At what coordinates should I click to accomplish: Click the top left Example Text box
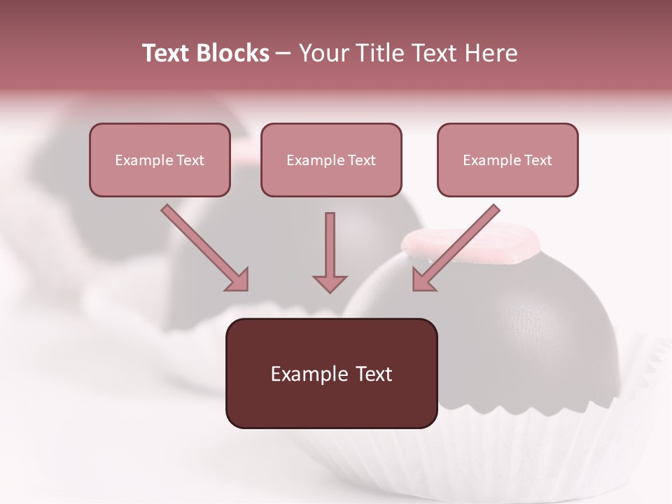(160, 160)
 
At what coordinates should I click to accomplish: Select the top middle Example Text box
(331, 160)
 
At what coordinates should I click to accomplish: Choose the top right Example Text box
(507, 160)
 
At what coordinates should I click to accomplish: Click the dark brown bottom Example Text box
(331, 373)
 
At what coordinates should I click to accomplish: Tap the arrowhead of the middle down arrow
(330, 283)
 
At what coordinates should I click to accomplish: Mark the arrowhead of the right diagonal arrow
(423, 280)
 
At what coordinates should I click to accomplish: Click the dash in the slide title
(283, 53)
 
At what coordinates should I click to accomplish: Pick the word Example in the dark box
(301, 374)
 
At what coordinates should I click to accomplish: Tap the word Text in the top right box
(538, 160)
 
